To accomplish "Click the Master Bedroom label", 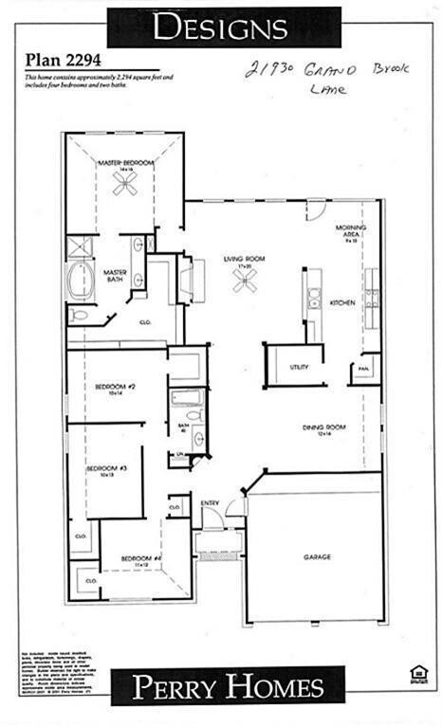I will (125, 163).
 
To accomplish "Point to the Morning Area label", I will (351, 231).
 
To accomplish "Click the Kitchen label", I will (342, 302).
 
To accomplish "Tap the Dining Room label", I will (323, 428).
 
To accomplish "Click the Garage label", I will (317, 556).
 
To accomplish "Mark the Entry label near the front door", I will (210, 502).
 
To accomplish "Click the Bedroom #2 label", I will (116, 388).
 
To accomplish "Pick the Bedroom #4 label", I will (136, 557).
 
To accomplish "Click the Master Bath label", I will (116, 274).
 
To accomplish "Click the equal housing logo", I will (414, 674).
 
